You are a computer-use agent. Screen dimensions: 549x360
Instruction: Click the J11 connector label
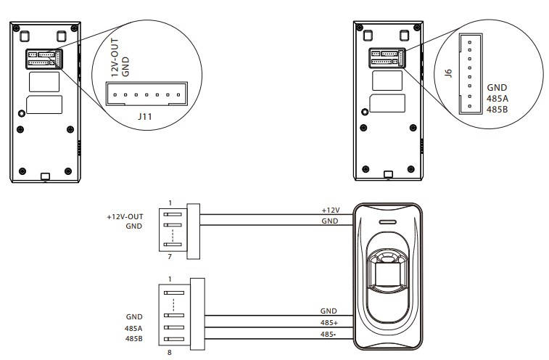[x=144, y=116]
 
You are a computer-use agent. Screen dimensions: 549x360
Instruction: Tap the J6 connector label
[x=447, y=73]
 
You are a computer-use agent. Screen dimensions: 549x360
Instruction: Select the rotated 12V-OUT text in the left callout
[x=115, y=58]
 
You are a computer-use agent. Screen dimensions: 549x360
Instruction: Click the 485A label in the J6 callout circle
[x=497, y=99]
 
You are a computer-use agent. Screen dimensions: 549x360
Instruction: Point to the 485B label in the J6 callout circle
[x=497, y=110]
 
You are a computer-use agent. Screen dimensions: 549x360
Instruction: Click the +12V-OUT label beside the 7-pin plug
[x=125, y=216]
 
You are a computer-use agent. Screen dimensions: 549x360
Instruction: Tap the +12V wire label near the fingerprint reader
[x=331, y=210]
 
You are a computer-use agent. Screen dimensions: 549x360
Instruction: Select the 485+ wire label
[x=329, y=323]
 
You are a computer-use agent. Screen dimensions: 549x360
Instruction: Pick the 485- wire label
[x=328, y=335]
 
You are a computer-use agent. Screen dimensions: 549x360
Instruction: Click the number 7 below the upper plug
[x=170, y=257]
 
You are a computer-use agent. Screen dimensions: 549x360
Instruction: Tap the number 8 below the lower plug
[x=170, y=352]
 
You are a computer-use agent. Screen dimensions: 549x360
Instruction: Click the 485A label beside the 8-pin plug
[x=133, y=329]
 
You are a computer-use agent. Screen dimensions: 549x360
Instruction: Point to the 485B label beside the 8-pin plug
[x=133, y=339]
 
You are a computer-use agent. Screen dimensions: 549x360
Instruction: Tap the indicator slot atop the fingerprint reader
[x=387, y=222]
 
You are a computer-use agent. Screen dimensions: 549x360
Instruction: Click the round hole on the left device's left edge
[x=21, y=113]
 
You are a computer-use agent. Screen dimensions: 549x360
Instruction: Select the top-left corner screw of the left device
[x=16, y=28]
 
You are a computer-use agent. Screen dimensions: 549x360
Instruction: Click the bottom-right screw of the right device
[x=411, y=169]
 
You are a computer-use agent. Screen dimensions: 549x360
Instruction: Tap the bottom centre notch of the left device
[x=45, y=176]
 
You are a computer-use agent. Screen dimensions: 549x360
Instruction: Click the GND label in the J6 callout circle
[x=497, y=88]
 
